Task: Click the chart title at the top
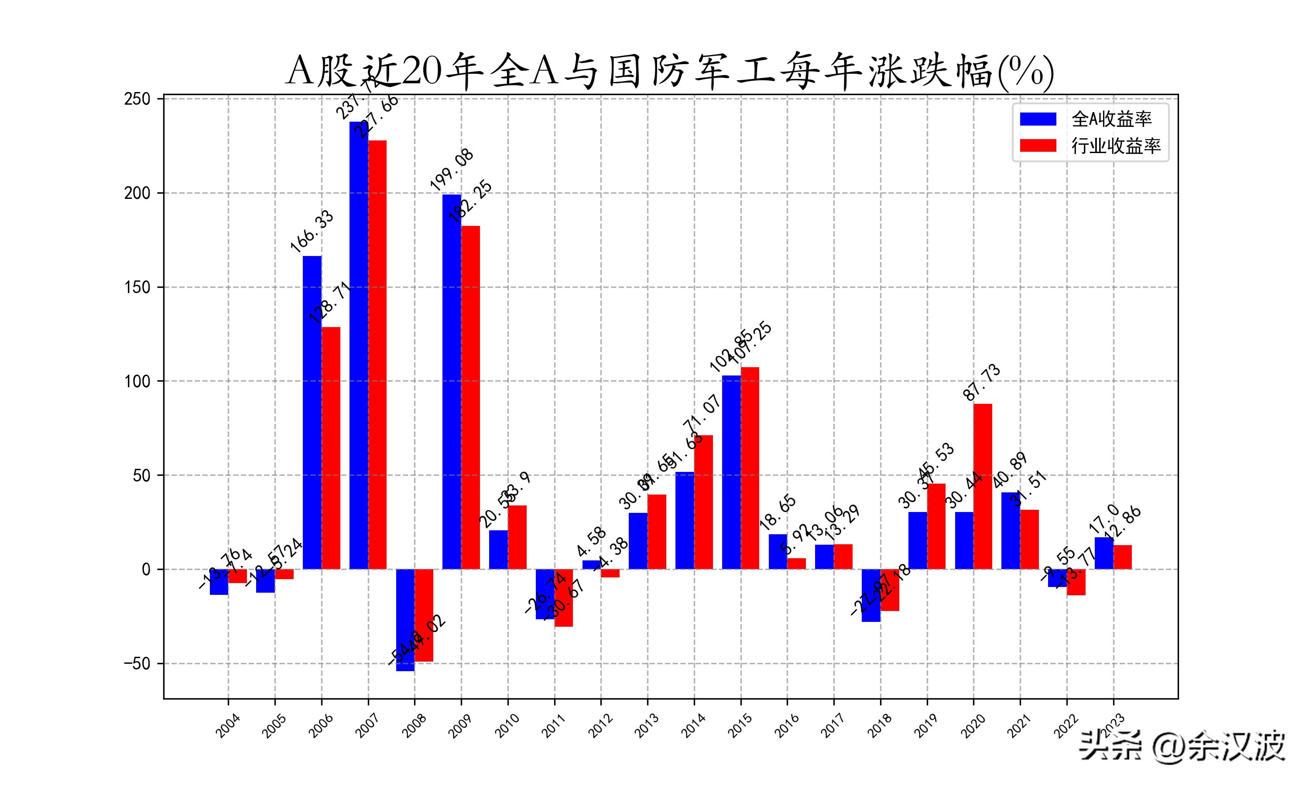[669, 72]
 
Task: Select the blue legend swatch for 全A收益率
[1038, 119]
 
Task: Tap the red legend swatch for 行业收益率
[1038, 146]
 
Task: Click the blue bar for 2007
[359, 344]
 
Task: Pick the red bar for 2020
[983, 487]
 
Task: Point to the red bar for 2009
[470, 397]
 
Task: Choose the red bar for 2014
[703, 502]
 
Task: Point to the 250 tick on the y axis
[137, 99]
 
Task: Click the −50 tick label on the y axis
[137, 663]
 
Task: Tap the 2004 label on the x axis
[228, 725]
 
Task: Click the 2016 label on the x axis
[787, 725]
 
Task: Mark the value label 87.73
[981, 382]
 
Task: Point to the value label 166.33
[312, 231]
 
